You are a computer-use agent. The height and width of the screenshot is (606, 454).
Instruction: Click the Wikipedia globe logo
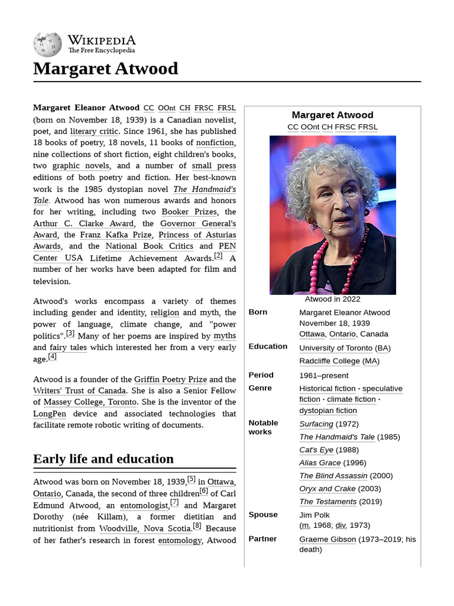(x=47, y=44)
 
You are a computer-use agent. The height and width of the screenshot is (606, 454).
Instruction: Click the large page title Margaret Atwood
(x=105, y=69)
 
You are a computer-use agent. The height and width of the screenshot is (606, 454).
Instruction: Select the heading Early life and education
(x=103, y=459)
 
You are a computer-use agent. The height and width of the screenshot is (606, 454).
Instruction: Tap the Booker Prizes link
(x=189, y=211)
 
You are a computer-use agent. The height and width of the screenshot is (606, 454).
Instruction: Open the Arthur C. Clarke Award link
(x=83, y=223)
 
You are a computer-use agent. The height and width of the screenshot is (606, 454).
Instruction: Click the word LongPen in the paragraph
(x=50, y=414)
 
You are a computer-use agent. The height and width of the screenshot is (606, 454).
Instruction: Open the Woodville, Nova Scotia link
(x=145, y=528)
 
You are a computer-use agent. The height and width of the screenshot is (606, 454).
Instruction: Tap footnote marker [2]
(x=218, y=256)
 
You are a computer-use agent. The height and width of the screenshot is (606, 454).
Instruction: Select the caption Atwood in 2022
(x=332, y=299)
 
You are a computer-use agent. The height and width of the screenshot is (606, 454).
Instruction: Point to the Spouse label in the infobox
(x=263, y=514)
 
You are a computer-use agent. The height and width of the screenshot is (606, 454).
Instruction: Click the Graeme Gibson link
(x=327, y=539)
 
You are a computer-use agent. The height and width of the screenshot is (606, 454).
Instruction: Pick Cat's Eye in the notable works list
(x=316, y=450)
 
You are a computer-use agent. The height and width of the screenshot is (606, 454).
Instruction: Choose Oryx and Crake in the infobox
(x=327, y=489)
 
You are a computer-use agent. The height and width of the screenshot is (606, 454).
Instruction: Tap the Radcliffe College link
(x=329, y=361)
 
